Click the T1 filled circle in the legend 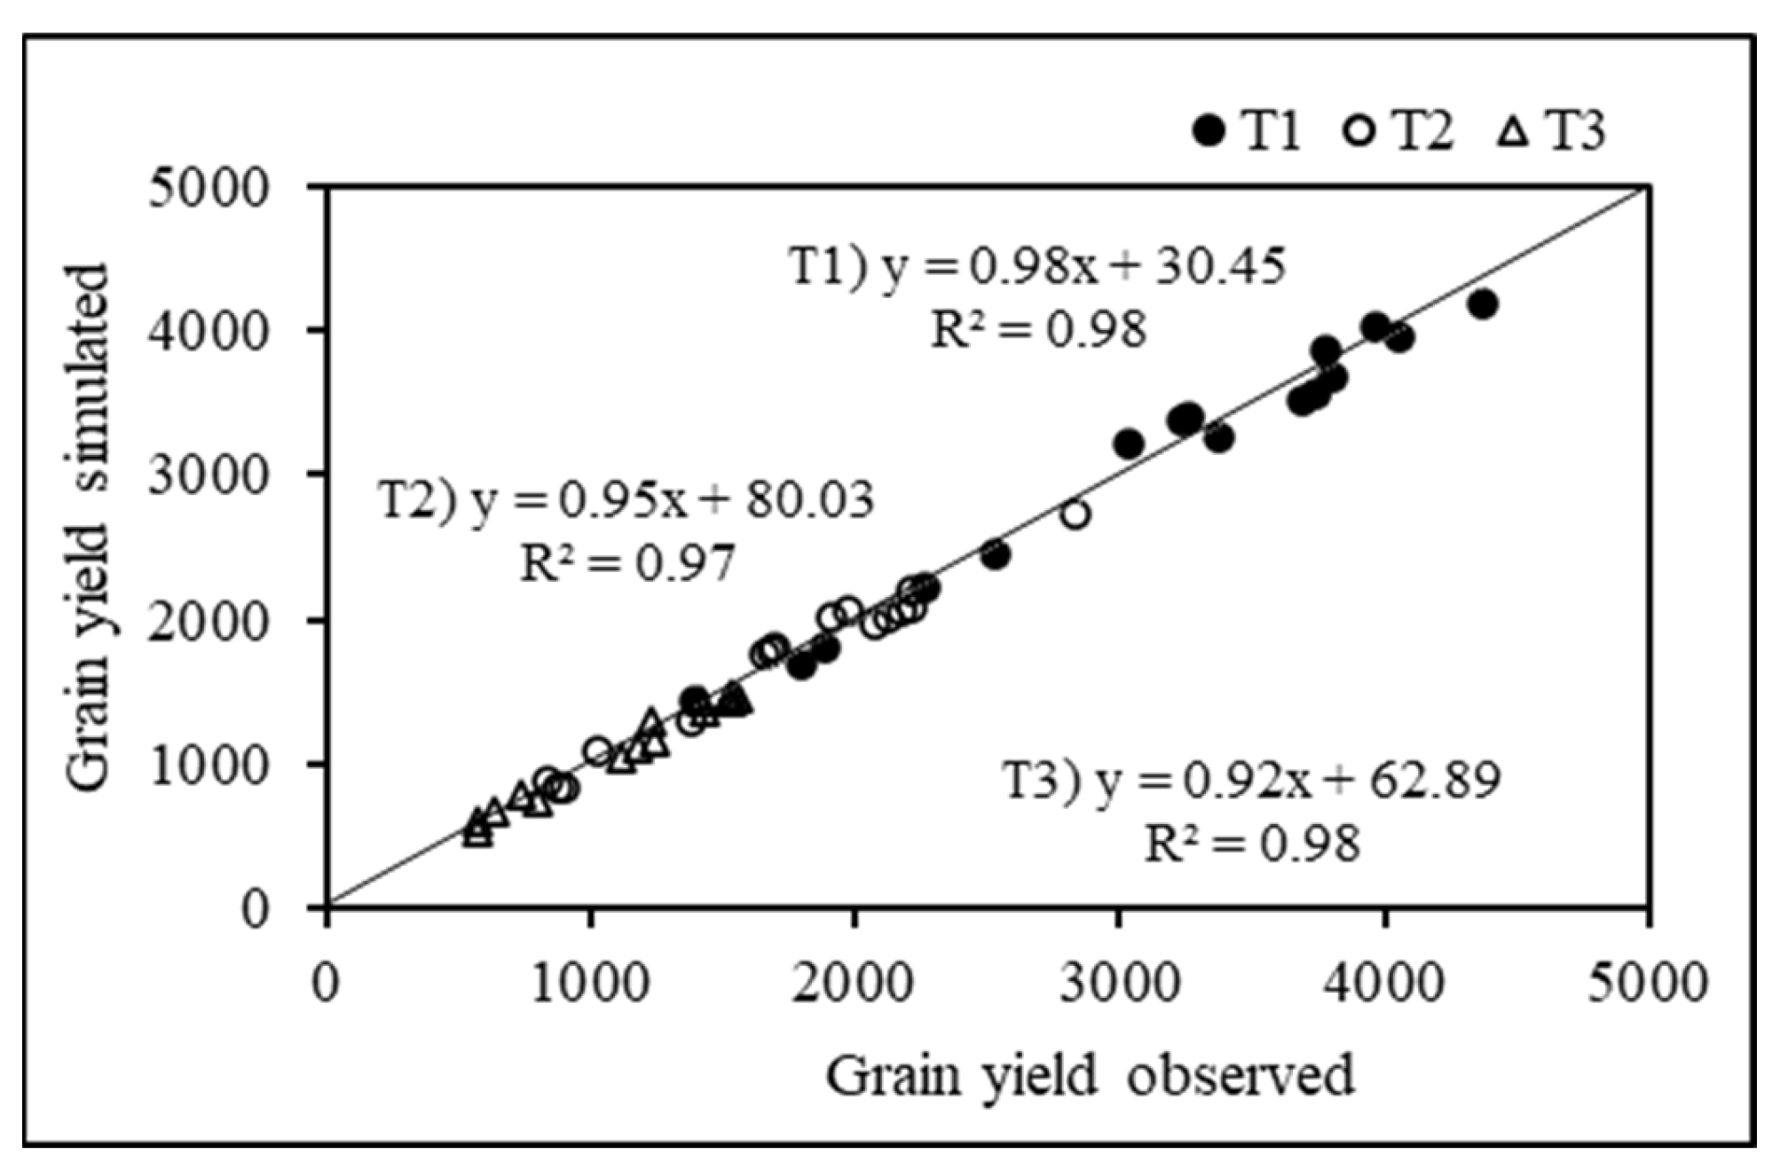coord(1209,132)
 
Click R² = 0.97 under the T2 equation coord(626,562)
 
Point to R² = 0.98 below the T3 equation coord(1251,843)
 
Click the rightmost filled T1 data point coord(1482,304)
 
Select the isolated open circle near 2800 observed coord(1075,514)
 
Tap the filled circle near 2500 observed coord(996,555)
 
